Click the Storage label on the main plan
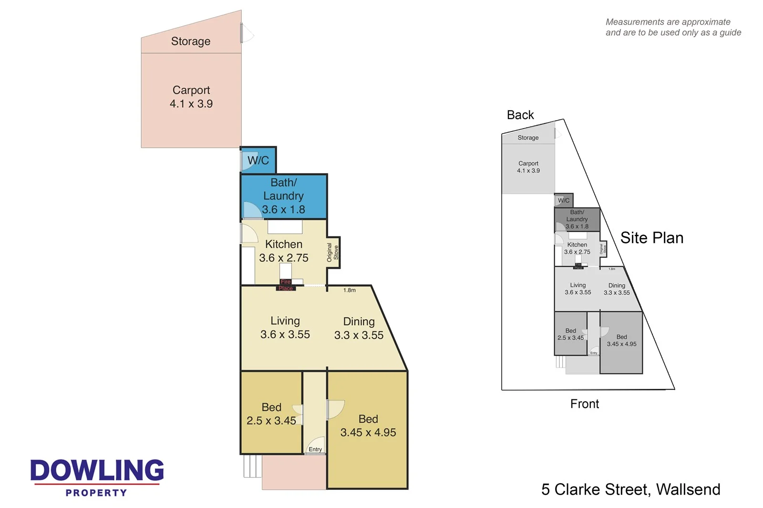(x=190, y=41)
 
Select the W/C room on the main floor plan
(x=258, y=161)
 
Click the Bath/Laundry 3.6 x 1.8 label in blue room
(x=283, y=196)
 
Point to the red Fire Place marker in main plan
(x=286, y=285)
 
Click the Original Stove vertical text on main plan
(x=332, y=252)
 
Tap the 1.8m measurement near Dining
(x=350, y=290)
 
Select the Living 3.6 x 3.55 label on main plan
(x=285, y=328)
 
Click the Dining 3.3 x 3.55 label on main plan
(x=359, y=328)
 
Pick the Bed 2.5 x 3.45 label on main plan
(x=271, y=414)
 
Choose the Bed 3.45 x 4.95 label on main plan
(x=368, y=426)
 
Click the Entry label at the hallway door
(x=315, y=449)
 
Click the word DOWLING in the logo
(x=97, y=470)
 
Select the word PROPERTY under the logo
(x=96, y=493)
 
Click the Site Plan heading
(x=651, y=238)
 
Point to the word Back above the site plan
(x=520, y=115)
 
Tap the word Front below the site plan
(x=585, y=404)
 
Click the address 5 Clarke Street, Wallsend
(x=630, y=489)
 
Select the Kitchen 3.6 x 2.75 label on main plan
(x=284, y=251)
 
